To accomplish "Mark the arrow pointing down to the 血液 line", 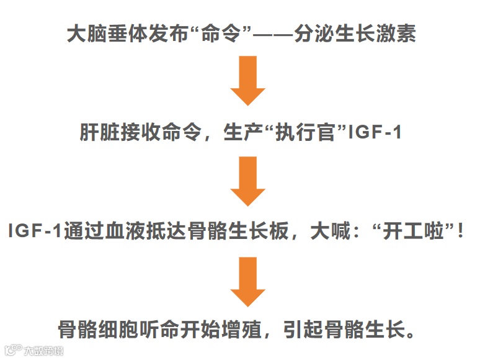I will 248,181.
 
